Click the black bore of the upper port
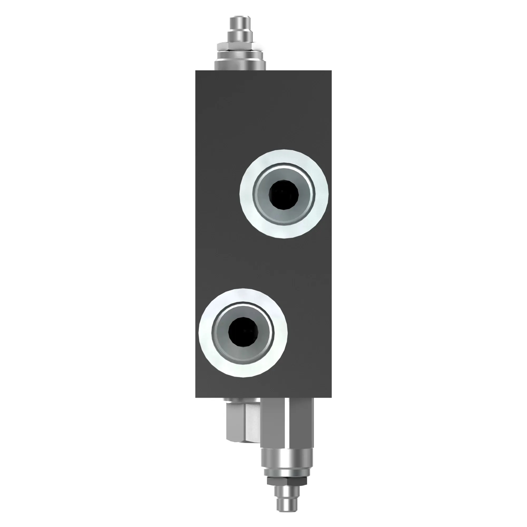pos(284,194)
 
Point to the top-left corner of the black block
pos(196,71)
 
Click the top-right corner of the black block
pos(331,71)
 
